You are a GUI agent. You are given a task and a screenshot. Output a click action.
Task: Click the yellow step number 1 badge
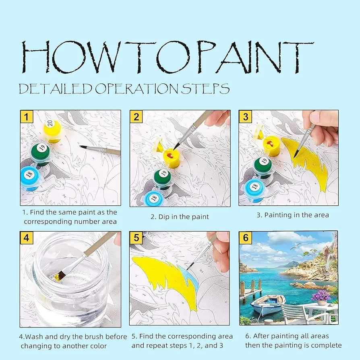[x=27, y=116]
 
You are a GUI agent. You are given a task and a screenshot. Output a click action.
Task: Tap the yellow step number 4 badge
[x=27, y=238]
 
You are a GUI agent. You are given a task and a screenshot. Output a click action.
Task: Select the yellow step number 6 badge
[x=245, y=238]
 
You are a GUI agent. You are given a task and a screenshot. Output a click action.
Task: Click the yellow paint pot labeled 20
[x=53, y=131]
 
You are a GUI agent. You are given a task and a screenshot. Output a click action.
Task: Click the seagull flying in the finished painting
[x=296, y=246]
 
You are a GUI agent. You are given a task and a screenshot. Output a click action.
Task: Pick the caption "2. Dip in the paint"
[x=180, y=217]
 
